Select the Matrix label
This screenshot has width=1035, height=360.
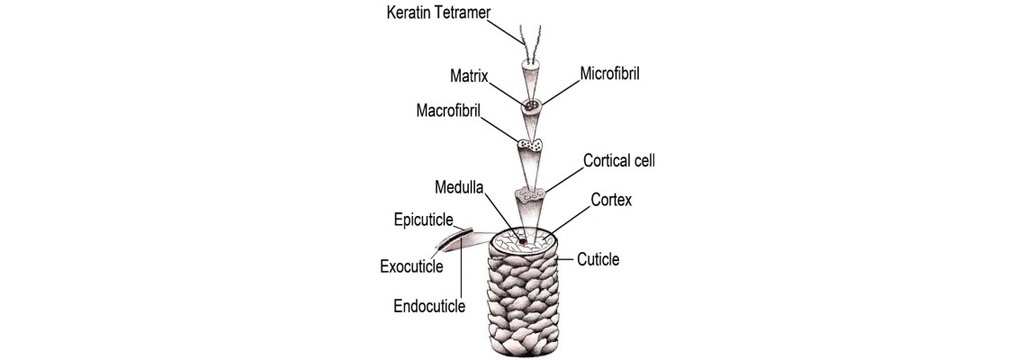(469, 76)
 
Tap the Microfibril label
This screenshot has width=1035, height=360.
(610, 73)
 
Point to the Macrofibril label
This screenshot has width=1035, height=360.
(448, 111)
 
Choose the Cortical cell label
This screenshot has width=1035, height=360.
(619, 160)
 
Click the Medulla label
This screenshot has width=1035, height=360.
(459, 187)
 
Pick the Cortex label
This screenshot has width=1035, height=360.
(611, 200)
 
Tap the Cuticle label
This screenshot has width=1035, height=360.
(598, 259)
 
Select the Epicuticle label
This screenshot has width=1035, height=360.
(423, 219)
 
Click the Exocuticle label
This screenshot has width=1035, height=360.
(411, 267)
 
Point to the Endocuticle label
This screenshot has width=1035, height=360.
(429, 306)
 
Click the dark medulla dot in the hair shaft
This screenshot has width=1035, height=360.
(521, 242)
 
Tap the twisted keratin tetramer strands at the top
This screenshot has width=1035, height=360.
(530, 44)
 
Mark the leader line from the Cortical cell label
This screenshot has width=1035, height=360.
(563, 180)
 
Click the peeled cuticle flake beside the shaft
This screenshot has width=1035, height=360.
(455, 241)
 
